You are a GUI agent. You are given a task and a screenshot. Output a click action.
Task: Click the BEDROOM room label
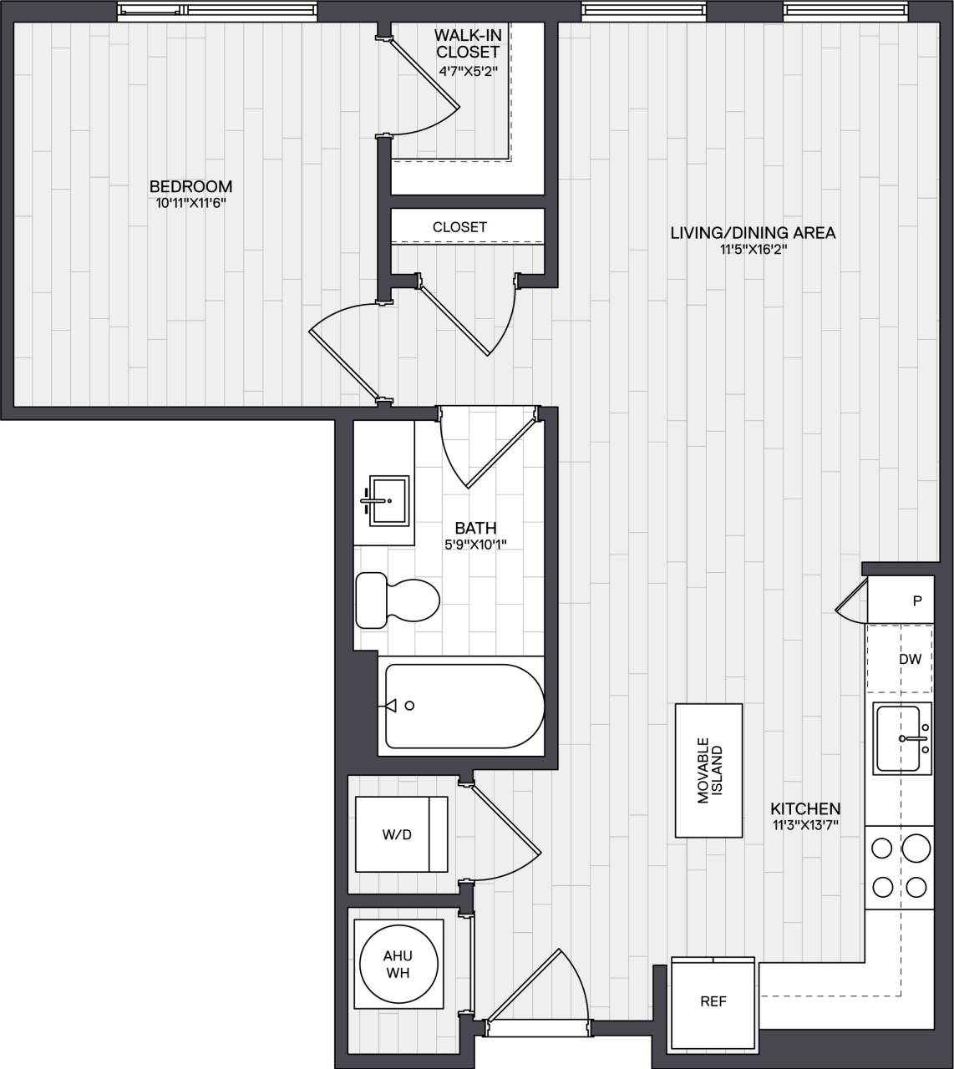pyautogui.click(x=190, y=186)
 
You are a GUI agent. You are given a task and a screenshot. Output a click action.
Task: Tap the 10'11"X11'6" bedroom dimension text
pyautogui.click(x=190, y=203)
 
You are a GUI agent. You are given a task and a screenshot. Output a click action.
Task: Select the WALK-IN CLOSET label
pyautogui.click(x=467, y=43)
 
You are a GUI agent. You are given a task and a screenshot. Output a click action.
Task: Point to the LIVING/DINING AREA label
pyautogui.click(x=753, y=233)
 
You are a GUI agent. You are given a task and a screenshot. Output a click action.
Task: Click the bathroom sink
pyautogui.click(x=388, y=500)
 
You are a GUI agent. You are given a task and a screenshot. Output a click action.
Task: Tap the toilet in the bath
pyautogui.click(x=398, y=600)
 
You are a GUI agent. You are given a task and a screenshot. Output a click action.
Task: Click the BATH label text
pyautogui.click(x=475, y=528)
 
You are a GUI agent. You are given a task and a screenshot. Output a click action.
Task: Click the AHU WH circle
pyautogui.click(x=398, y=965)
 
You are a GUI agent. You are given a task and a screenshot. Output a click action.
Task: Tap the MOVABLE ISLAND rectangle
pyautogui.click(x=708, y=770)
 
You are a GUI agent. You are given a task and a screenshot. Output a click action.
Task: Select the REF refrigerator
pyautogui.click(x=713, y=1001)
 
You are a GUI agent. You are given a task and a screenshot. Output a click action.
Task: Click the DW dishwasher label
pyautogui.click(x=911, y=659)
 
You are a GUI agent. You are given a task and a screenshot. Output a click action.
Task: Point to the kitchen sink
pyautogui.click(x=902, y=738)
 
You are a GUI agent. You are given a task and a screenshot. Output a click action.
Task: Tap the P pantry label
pyautogui.click(x=917, y=600)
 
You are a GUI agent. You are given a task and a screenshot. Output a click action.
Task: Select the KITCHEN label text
pyautogui.click(x=805, y=808)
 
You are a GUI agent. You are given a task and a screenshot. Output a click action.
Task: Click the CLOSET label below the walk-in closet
pyautogui.click(x=459, y=227)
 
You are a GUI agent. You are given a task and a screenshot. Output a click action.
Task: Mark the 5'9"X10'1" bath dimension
pyautogui.click(x=475, y=545)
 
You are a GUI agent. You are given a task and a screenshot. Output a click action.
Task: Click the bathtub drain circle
pyautogui.click(x=409, y=706)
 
